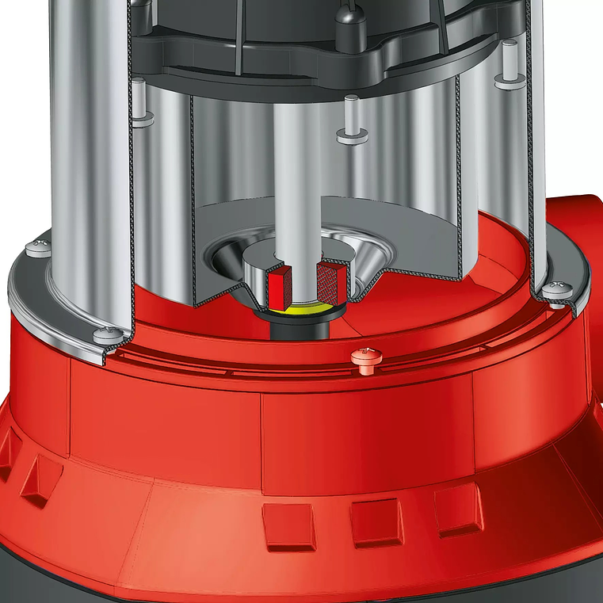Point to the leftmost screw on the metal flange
[37, 248]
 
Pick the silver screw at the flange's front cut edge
[108, 335]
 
